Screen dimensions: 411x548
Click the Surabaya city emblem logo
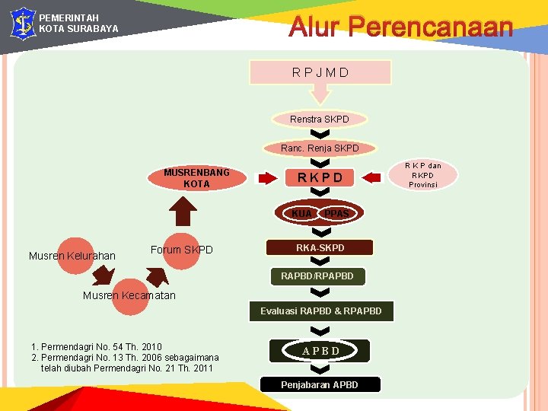[22, 23]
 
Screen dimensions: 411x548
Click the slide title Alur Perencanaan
[400, 28]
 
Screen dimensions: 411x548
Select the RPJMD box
[320, 72]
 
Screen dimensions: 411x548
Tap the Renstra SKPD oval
[320, 119]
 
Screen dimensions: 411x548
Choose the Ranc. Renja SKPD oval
[320, 148]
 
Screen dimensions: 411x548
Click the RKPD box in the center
[320, 177]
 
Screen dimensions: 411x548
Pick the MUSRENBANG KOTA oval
[197, 178]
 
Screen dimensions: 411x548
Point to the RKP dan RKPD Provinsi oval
[422, 175]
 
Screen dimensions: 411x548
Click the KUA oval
[301, 213]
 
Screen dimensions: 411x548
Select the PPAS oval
[336, 214]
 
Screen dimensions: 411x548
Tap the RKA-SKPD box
[320, 247]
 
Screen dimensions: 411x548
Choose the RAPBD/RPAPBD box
[317, 276]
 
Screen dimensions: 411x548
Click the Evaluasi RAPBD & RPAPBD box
[320, 311]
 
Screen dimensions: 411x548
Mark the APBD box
[320, 350]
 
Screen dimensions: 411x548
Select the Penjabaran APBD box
[320, 384]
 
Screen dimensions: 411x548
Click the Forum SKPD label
[182, 250]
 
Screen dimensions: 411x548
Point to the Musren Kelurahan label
[72, 256]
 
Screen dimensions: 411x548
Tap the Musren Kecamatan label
[129, 295]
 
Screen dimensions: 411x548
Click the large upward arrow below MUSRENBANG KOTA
[181, 212]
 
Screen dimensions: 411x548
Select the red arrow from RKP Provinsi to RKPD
[372, 178]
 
